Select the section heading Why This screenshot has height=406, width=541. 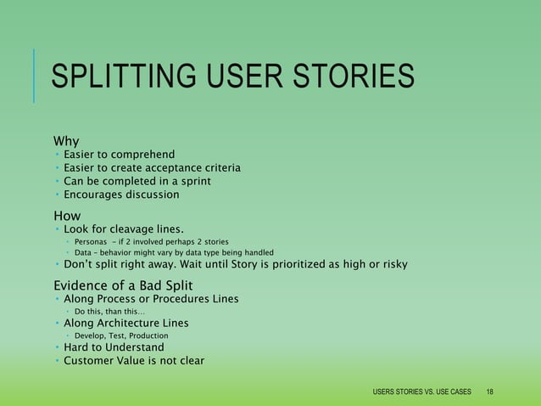(x=66, y=140)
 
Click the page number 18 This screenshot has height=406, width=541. (x=490, y=392)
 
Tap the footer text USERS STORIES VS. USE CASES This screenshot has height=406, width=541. (x=421, y=392)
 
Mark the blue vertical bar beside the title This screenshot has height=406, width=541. (x=34, y=76)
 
